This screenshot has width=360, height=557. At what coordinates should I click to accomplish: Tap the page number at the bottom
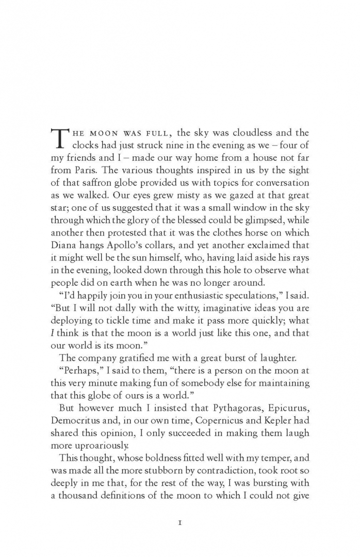coord(180,522)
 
